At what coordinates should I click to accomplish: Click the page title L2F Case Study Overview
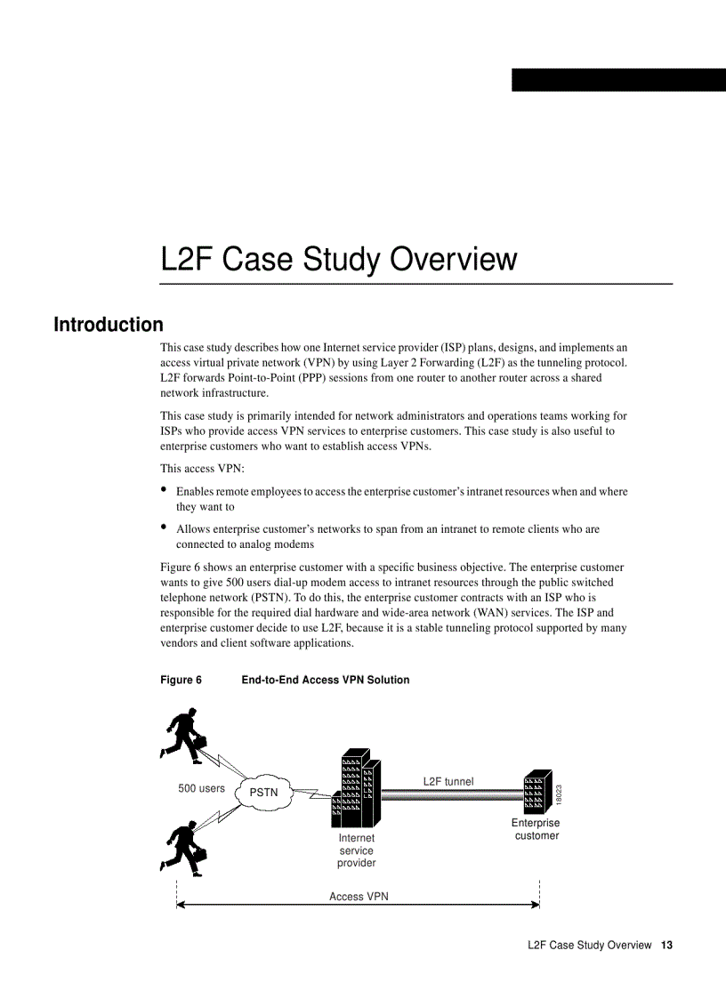tap(338, 259)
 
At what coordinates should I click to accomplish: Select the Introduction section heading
tap(109, 325)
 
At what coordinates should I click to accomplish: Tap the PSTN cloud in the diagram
tap(262, 792)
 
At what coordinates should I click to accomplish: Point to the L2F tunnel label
tap(448, 781)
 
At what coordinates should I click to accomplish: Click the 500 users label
tap(201, 788)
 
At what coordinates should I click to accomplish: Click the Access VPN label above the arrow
tap(359, 896)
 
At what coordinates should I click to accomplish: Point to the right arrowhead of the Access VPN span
tap(536, 906)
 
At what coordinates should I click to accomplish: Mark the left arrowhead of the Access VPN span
tap(181, 906)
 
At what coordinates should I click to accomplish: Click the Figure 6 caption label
tap(181, 680)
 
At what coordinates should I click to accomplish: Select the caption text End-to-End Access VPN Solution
tap(326, 680)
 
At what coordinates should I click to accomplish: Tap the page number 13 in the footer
tap(666, 945)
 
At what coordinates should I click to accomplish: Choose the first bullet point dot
tap(164, 489)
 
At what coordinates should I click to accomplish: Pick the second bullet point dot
tap(164, 527)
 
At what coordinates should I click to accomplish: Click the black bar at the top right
tap(618, 80)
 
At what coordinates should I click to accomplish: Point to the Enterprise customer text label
tap(536, 829)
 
